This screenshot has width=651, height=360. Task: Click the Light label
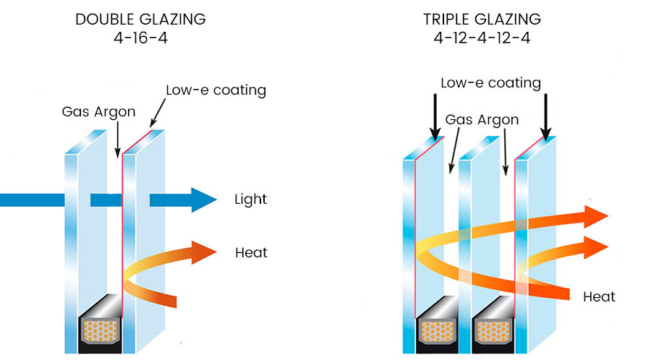tap(251, 199)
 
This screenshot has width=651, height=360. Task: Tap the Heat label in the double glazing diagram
tap(251, 253)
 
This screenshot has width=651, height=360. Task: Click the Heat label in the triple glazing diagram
tap(599, 296)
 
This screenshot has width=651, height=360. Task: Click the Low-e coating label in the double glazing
tap(216, 90)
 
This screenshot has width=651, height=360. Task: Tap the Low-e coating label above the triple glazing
tap(491, 83)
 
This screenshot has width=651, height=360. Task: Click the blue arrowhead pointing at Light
tap(203, 199)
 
